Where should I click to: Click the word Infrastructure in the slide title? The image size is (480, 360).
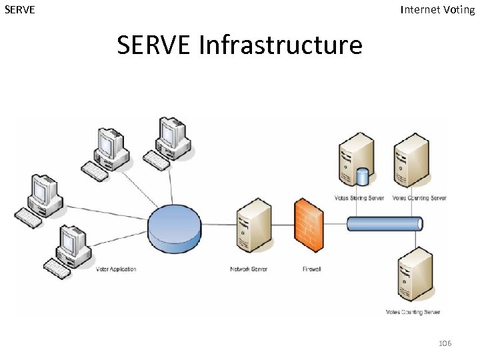pos(280,45)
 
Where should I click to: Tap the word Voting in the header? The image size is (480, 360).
pos(459,9)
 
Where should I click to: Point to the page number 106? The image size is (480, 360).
pos(445,343)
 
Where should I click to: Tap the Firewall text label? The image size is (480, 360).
pos(311,269)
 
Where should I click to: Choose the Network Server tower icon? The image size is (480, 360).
pos(253,224)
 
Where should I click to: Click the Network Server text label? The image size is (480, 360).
pos(248,269)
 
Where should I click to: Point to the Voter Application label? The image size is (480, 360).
pos(116,269)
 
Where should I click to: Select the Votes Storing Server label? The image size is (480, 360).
pos(359,198)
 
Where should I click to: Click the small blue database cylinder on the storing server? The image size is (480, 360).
pos(363,177)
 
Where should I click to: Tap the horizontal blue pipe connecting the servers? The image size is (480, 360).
pos(384,224)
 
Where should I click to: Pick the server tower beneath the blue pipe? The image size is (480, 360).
pos(413,273)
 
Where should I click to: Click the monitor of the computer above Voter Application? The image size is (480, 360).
pos(71,241)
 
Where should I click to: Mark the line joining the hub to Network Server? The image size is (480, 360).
pos(218,225)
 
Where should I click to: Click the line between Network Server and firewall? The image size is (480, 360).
pos(283,225)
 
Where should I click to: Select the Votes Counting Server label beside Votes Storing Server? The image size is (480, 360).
pos(419,198)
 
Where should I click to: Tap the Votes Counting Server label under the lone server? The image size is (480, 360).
pos(413,312)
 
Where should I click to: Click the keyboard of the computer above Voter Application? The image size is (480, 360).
pos(57,268)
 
